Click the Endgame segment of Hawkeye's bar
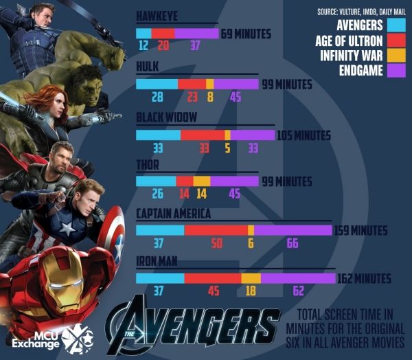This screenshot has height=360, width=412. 196,33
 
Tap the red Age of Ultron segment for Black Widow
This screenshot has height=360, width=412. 203,135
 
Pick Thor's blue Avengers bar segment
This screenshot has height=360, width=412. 156,181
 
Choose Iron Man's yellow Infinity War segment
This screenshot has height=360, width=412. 251,278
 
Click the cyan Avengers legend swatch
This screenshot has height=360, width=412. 397,25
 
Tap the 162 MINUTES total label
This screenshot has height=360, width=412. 364,278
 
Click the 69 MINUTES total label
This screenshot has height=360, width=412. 246,34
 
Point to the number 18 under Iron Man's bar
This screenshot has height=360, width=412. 251,291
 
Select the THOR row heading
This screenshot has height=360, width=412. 148,164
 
